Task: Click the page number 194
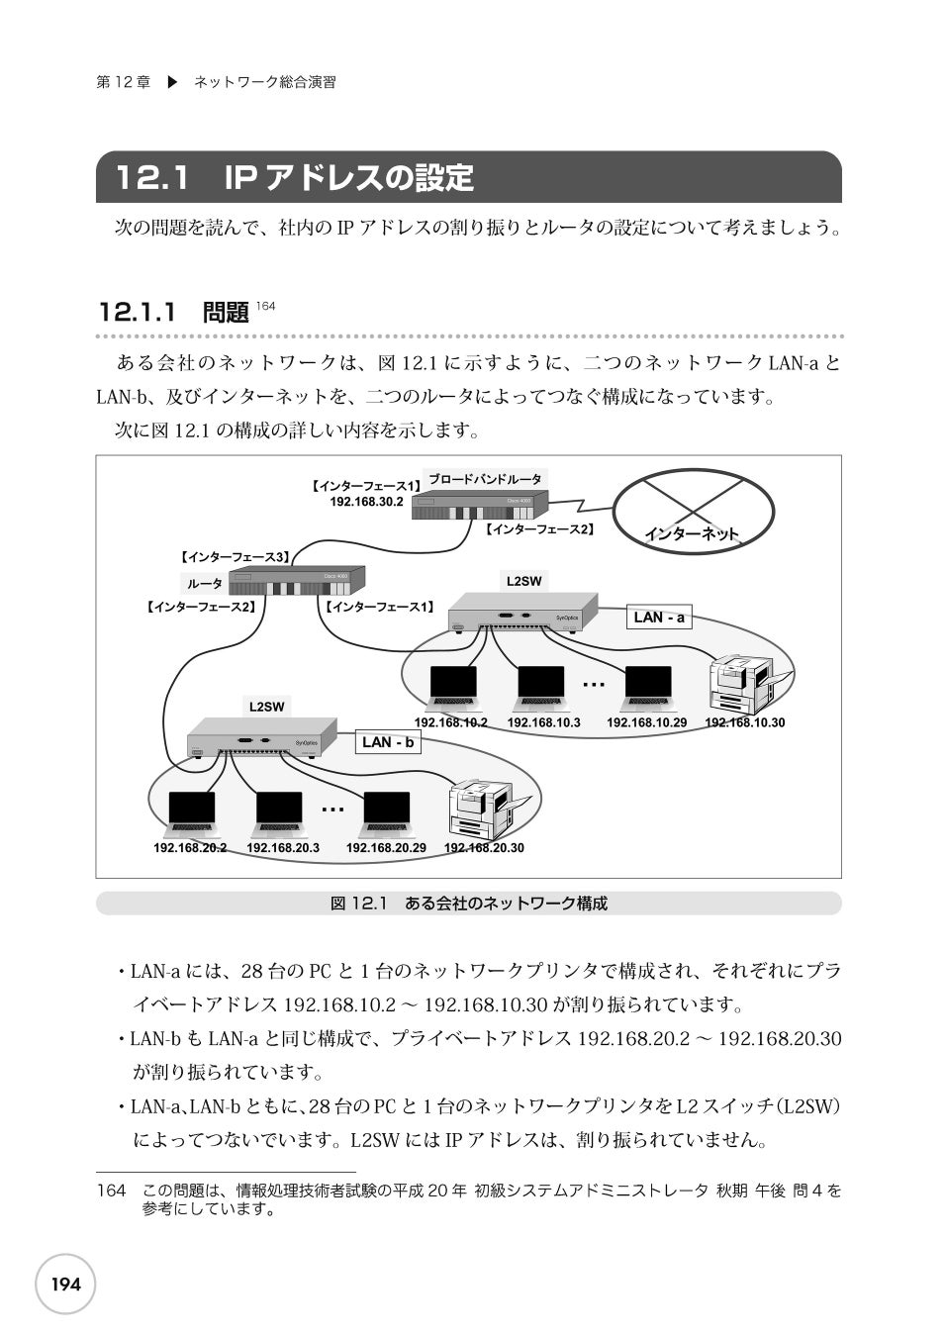(65, 1285)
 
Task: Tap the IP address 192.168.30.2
(366, 502)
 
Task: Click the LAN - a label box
(659, 618)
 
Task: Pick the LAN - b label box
(388, 742)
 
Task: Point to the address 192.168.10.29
(646, 722)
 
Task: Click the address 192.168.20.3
(283, 848)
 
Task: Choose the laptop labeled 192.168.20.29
(386, 813)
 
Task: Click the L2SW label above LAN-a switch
(523, 581)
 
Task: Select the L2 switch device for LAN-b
(256, 739)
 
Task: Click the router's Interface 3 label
(234, 557)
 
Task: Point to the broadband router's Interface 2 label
(539, 530)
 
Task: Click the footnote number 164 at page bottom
(112, 1191)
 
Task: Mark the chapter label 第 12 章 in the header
(123, 83)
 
